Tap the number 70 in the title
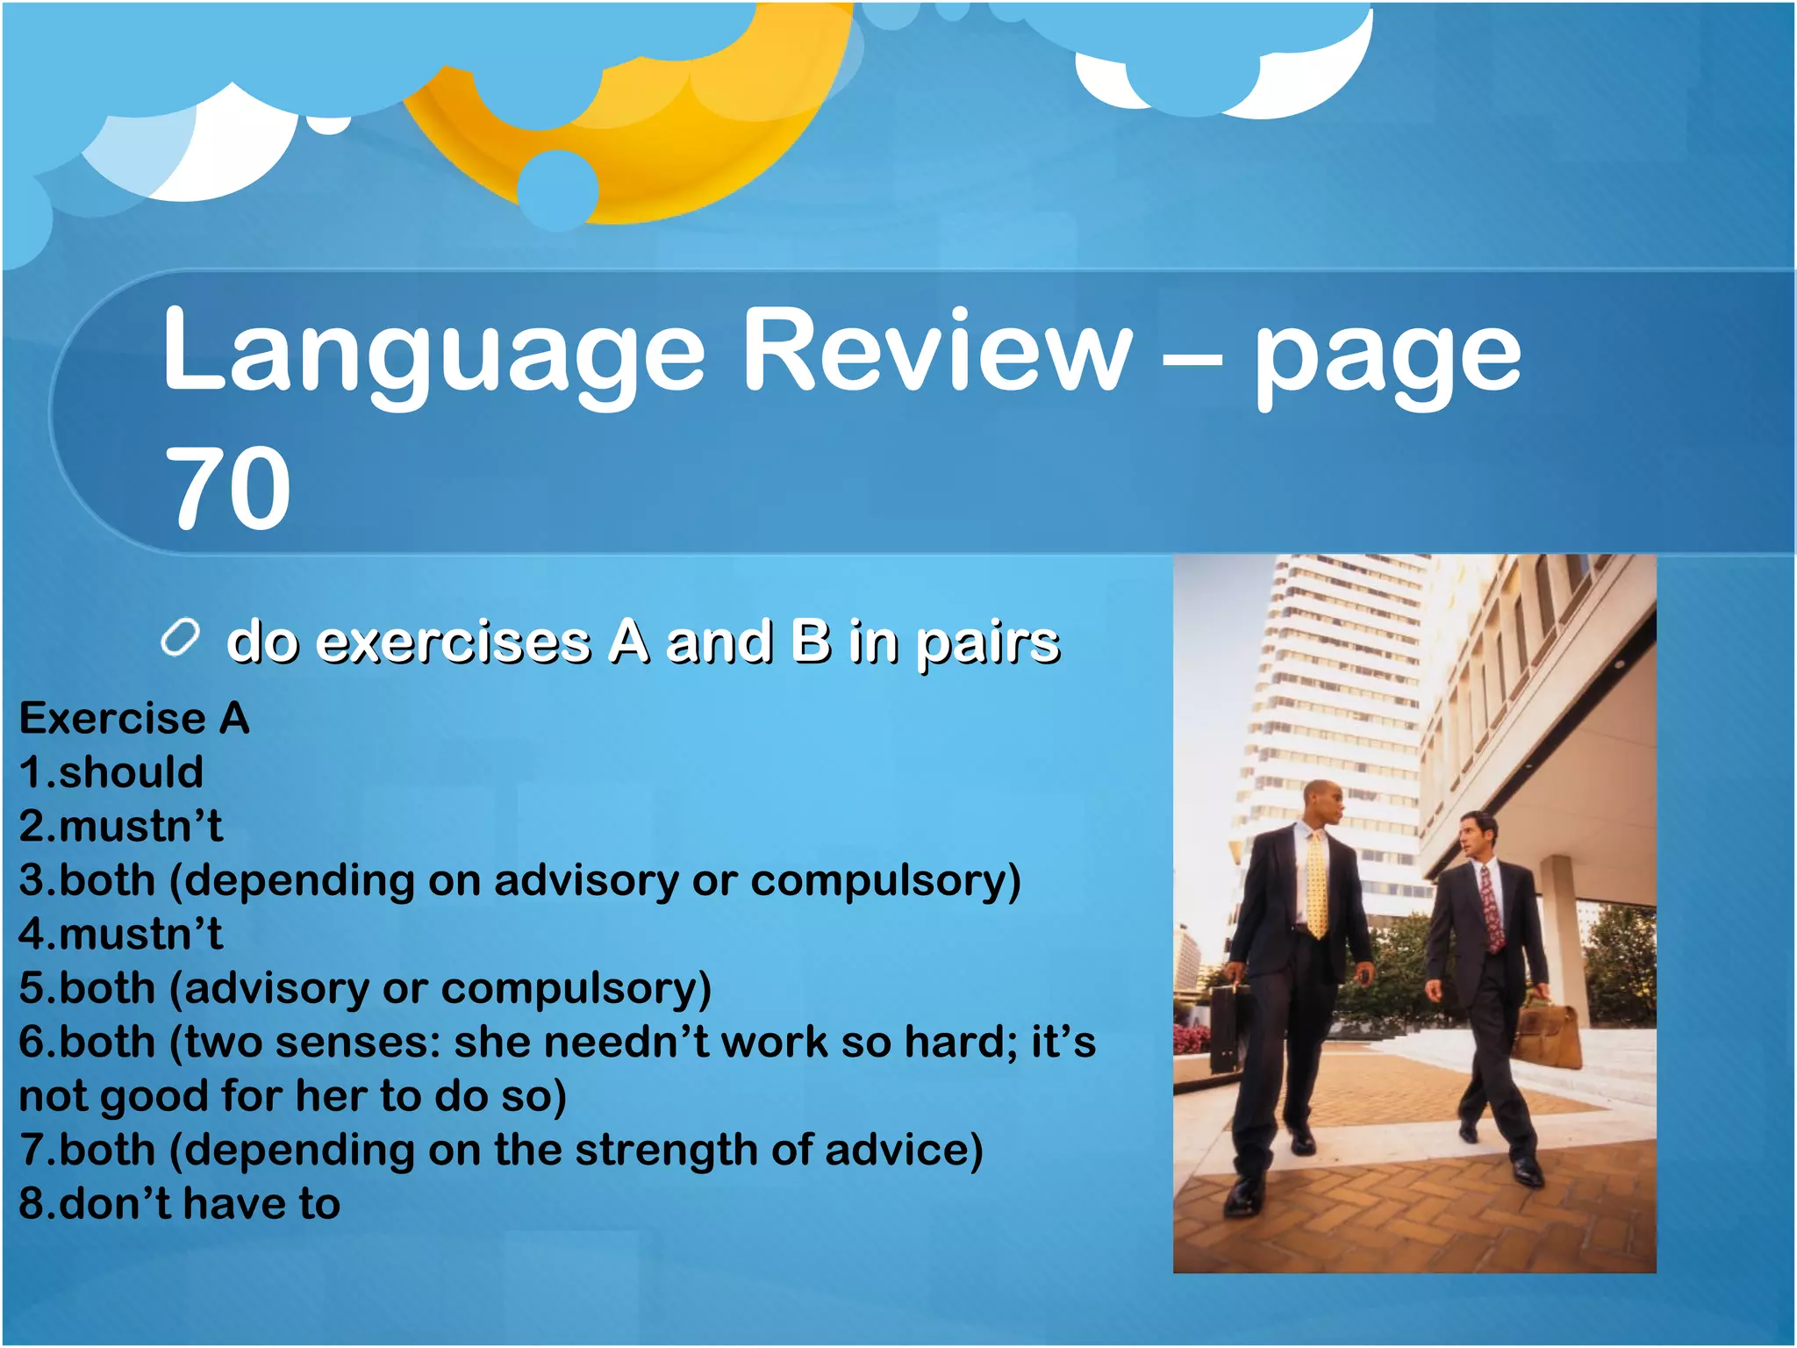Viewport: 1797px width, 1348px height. tap(227, 488)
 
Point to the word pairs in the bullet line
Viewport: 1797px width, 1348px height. tap(988, 642)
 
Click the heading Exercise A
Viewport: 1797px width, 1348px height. tap(134, 719)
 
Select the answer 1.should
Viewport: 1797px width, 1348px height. tap(111, 772)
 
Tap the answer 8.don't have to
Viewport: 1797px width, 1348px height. tap(180, 1203)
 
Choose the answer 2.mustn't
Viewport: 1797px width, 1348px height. tap(121, 827)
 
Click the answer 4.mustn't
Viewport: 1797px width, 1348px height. tap(121, 934)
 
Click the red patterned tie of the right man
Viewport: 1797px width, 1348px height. tap(1490, 909)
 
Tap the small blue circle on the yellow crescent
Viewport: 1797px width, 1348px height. tap(557, 190)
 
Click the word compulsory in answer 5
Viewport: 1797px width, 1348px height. tap(576, 988)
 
